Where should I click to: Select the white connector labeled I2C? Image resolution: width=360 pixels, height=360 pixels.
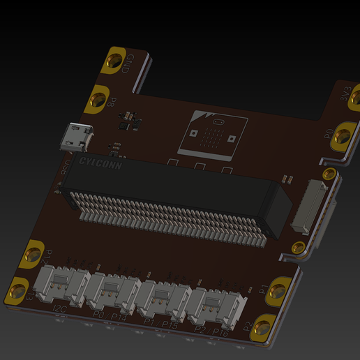[x=64, y=286]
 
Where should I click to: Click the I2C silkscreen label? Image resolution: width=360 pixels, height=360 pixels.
[x=60, y=309]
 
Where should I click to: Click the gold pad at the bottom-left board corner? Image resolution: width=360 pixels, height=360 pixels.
[x=18, y=292]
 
